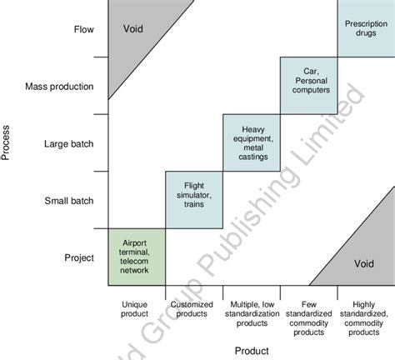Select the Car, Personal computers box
(x=308, y=85)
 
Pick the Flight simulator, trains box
(x=194, y=199)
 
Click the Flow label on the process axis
(x=83, y=29)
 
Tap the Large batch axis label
(x=69, y=143)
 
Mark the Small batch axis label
(x=69, y=200)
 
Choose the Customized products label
(x=194, y=308)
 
